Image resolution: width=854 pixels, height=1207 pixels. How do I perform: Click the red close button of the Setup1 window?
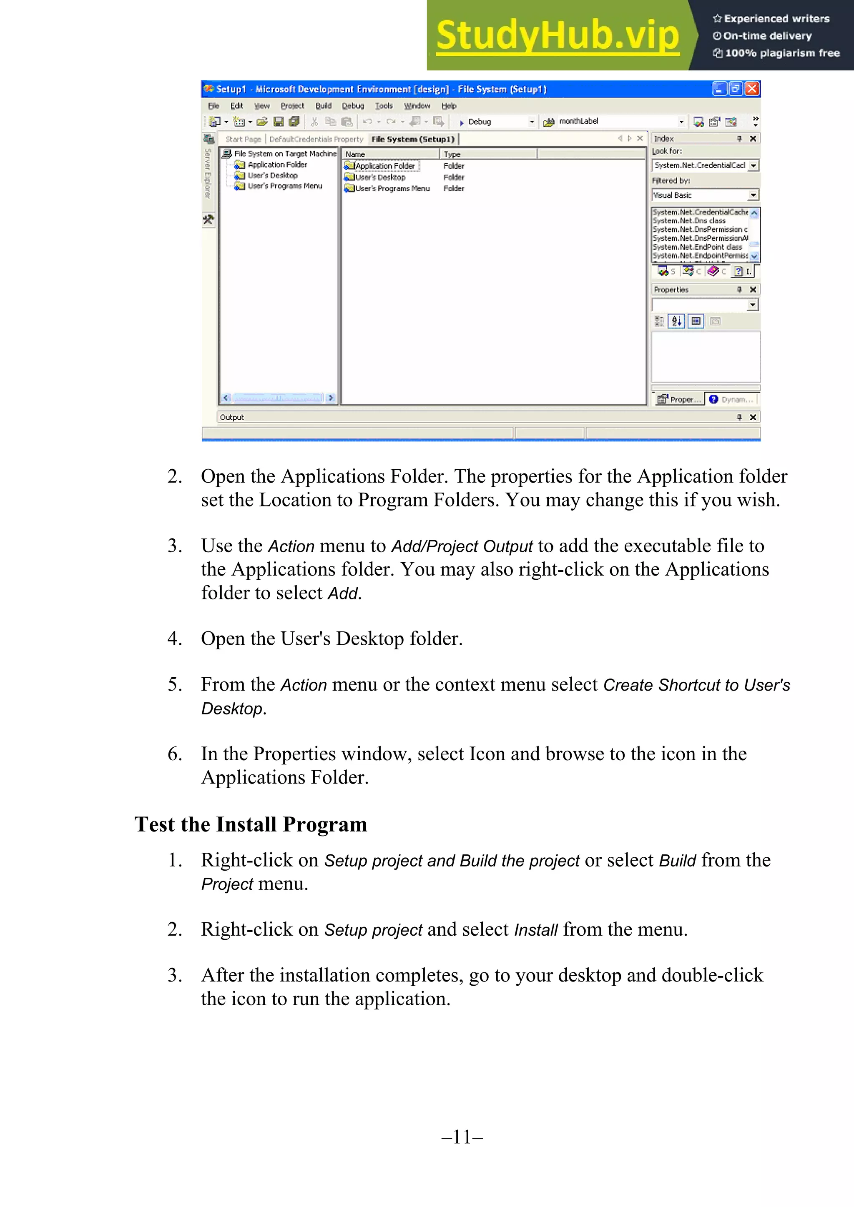[x=753, y=89]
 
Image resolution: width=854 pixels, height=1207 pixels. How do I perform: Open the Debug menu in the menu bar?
[x=353, y=106]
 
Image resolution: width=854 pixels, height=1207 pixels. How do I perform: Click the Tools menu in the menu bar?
[x=384, y=106]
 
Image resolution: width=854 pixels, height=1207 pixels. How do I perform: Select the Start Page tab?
[x=243, y=139]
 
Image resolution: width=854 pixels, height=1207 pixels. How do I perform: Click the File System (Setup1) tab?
[x=413, y=139]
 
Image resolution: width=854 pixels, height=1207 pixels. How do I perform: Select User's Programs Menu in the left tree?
[x=284, y=186]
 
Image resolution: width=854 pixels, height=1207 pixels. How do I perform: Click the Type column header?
[x=452, y=154]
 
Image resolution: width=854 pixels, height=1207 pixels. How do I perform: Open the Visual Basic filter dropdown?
[x=754, y=195]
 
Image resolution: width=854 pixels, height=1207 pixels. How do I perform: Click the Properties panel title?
[x=671, y=290]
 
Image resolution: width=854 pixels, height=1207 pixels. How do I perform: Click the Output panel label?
[x=232, y=417]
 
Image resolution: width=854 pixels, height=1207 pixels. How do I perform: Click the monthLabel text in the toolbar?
[x=578, y=121]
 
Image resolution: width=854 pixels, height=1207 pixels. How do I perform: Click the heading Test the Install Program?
[x=251, y=824]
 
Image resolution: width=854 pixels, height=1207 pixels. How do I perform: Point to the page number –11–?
[x=462, y=1137]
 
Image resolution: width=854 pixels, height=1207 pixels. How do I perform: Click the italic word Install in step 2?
[x=535, y=930]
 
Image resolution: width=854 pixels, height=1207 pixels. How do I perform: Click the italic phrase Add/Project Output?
[x=462, y=546]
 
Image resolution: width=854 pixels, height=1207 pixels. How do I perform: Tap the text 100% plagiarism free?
[x=782, y=53]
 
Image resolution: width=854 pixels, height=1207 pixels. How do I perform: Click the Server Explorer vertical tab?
[x=208, y=173]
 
